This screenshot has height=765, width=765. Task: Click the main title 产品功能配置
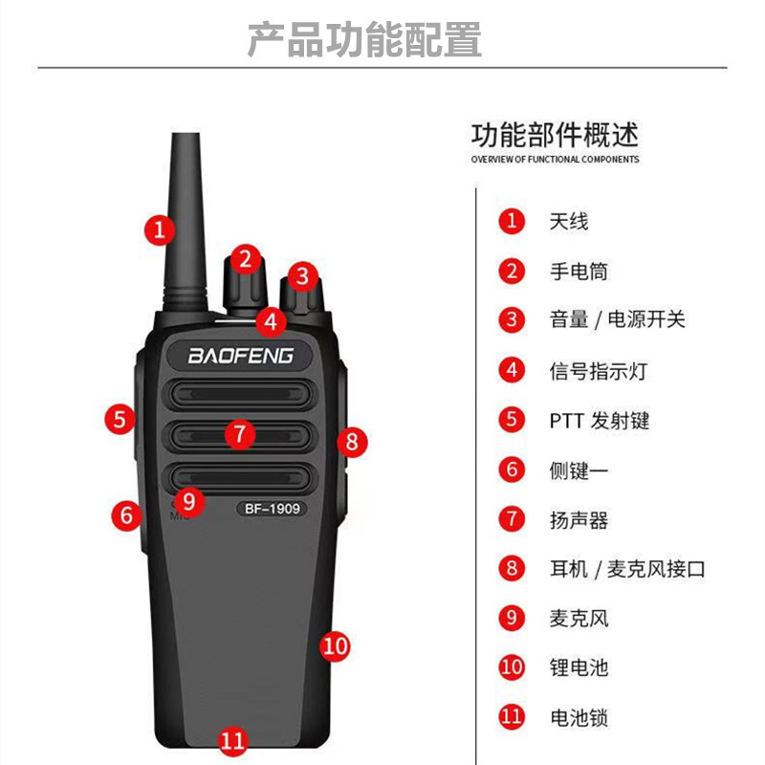(x=364, y=39)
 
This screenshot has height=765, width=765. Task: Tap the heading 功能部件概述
(x=555, y=133)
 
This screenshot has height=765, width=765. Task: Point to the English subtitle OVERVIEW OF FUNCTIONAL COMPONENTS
(x=555, y=160)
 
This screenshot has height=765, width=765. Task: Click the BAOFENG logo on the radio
(x=240, y=356)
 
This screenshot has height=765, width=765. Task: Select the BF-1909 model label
(x=272, y=508)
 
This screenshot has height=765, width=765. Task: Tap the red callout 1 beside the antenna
(x=160, y=229)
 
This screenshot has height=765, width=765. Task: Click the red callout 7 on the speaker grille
(x=240, y=433)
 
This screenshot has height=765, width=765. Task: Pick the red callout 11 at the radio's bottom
(x=233, y=740)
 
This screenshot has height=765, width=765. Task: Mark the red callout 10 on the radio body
(x=335, y=646)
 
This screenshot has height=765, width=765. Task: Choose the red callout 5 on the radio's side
(x=119, y=418)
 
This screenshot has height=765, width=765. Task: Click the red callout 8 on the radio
(x=351, y=441)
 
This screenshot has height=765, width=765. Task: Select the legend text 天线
(x=569, y=222)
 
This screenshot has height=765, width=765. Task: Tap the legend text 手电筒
(x=579, y=272)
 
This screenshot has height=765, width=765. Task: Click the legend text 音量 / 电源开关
(x=617, y=320)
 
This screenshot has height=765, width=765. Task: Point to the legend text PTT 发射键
(x=599, y=420)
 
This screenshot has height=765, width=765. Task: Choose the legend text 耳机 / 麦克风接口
(x=627, y=569)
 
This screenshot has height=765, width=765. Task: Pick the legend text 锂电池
(x=579, y=667)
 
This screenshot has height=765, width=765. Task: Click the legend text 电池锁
(x=579, y=717)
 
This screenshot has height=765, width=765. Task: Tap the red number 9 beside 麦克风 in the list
(x=513, y=618)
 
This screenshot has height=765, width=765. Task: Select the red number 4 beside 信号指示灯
(x=513, y=370)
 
